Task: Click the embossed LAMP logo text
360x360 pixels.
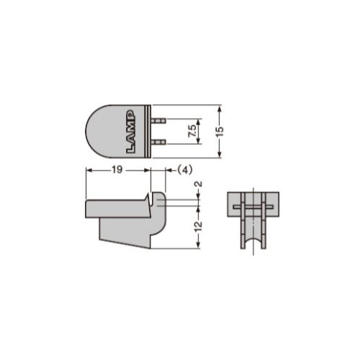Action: click(130, 132)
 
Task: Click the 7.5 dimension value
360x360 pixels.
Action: click(192, 131)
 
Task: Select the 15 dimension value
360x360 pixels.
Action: click(220, 132)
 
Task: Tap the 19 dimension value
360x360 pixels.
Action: click(117, 170)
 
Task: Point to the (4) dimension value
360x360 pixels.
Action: click(185, 170)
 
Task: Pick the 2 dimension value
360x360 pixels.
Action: click(199, 184)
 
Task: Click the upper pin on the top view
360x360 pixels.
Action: click(158, 120)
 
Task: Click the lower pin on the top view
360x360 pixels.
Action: click(158, 142)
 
